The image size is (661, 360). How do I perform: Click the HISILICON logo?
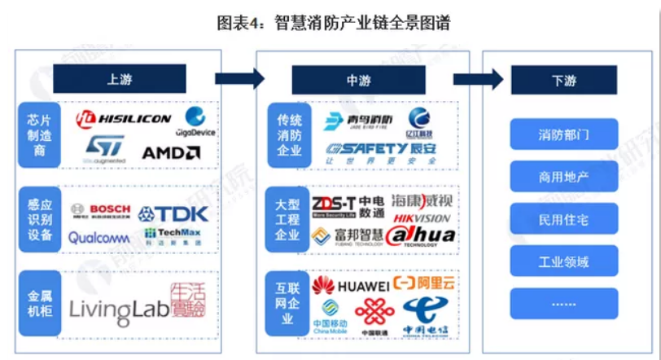(124, 119)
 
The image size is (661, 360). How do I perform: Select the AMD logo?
(171, 152)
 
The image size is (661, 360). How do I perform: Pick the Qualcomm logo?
(98, 238)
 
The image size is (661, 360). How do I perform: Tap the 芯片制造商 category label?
(39, 134)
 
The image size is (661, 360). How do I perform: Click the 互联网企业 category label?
(287, 301)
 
